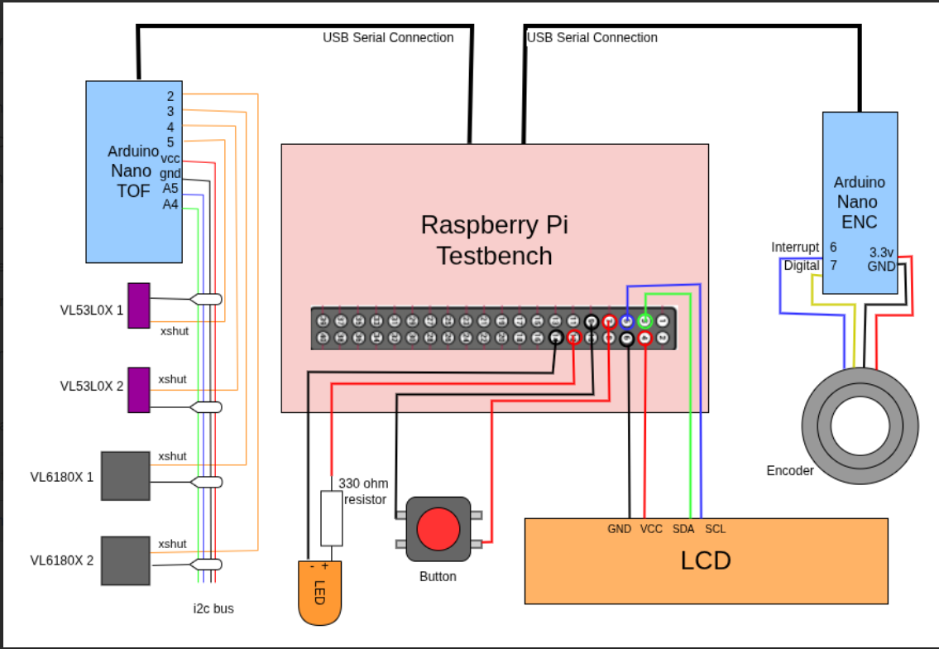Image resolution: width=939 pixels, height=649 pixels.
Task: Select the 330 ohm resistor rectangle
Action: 332,518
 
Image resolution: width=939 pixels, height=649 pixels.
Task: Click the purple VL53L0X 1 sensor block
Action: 138,305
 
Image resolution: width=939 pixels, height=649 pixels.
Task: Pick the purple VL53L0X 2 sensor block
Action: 138,389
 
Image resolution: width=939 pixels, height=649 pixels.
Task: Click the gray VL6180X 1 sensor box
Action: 125,475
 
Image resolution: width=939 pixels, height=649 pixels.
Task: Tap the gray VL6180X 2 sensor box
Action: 125,560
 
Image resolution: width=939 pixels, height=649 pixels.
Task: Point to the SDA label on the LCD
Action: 683,528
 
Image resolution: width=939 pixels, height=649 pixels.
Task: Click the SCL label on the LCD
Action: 715,528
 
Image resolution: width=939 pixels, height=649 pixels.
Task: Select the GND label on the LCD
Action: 619,528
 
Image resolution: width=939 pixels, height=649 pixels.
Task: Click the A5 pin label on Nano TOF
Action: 170,188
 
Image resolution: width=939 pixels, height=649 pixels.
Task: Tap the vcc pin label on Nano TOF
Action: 170,158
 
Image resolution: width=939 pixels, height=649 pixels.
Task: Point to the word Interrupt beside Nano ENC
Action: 795,247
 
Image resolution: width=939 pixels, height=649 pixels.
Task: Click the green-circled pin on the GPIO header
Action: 644,321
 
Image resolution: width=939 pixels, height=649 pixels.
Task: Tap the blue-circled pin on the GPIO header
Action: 627,321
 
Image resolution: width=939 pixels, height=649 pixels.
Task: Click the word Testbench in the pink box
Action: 495,256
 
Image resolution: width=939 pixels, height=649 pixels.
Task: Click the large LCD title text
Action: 706,560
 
